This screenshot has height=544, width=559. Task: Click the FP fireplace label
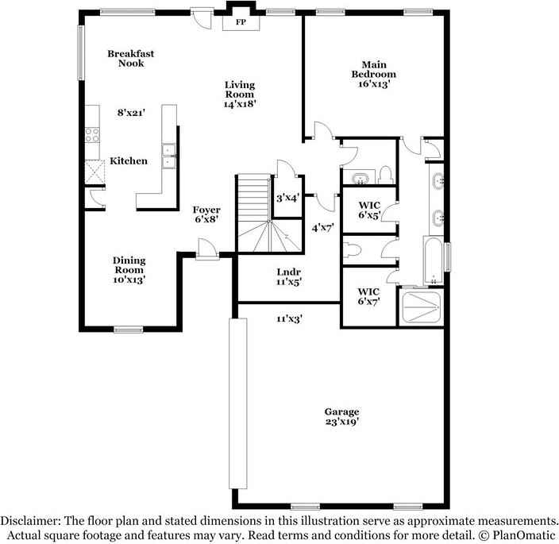[x=241, y=22]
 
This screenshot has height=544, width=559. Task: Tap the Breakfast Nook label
[x=131, y=59]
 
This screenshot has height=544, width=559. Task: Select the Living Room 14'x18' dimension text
[x=240, y=104]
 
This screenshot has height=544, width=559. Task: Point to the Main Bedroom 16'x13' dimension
[x=374, y=83]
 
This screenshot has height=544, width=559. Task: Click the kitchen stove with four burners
[x=92, y=135]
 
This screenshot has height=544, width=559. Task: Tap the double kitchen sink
[x=168, y=156]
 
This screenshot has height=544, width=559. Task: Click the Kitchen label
[x=129, y=160]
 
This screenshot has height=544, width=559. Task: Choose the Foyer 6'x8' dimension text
[x=206, y=219]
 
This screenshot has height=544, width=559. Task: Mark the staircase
[x=269, y=214]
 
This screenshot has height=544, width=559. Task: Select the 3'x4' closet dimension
[x=287, y=198]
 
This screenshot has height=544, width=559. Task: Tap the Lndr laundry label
[x=289, y=272]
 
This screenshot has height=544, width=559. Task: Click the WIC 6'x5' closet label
[x=370, y=210]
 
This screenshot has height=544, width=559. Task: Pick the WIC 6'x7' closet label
[x=369, y=296]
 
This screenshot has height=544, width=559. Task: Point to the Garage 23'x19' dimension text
[x=342, y=422]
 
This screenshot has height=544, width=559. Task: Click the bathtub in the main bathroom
[x=434, y=260]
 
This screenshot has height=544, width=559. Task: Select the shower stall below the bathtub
[x=421, y=307]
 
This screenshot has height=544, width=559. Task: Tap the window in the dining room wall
[x=129, y=330]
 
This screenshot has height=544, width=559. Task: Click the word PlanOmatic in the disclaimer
[x=524, y=535]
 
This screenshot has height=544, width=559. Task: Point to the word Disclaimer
[x=30, y=521]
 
